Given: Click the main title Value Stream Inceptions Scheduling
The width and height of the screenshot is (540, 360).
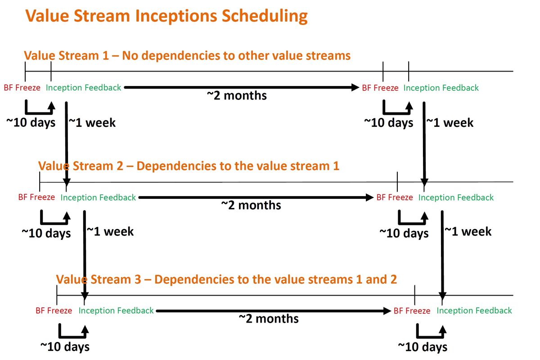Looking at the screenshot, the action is pyautogui.click(x=166, y=16).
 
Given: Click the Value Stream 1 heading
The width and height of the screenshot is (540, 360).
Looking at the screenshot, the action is pyautogui.click(x=187, y=55).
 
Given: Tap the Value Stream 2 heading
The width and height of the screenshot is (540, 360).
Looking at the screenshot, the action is pyautogui.click(x=189, y=166).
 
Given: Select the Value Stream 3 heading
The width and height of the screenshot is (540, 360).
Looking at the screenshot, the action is pyautogui.click(x=226, y=279).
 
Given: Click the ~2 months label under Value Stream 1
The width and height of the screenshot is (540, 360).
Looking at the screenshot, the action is pyautogui.click(x=237, y=95).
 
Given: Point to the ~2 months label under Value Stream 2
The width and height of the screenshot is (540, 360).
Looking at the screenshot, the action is pyautogui.click(x=251, y=205).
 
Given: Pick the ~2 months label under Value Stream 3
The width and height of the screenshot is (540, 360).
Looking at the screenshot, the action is pyautogui.click(x=269, y=319).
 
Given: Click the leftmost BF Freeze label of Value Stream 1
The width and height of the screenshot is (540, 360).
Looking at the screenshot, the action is pyautogui.click(x=22, y=88).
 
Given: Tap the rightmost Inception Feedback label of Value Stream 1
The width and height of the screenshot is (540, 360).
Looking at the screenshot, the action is pyautogui.click(x=441, y=88).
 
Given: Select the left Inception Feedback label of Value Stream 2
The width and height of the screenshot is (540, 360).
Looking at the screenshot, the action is pyautogui.click(x=98, y=198).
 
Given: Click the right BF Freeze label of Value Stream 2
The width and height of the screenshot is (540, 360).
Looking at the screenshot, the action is pyautogui.click(x=395, y=198).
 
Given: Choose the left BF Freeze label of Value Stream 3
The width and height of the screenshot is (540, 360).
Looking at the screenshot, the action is pyautogui.click(x=54, y=310).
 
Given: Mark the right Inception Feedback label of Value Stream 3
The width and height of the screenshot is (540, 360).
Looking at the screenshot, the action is pyautogui.click(x=474, y=311).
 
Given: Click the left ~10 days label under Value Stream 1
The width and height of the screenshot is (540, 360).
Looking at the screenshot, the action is pyautogui.click(x=31, y=122).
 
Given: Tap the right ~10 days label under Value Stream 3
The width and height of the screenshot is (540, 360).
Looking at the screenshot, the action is pyautogui.click(x=423, y=347).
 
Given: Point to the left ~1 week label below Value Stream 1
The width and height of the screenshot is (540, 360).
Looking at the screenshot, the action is pyautogui.click(x=92, y=123).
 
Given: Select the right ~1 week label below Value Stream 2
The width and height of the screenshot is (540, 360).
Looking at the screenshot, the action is pyautogui.click(x=468, y=231).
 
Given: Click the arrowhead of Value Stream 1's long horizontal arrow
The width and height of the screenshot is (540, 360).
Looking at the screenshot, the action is pyautogui.click(x=355, y=87).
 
